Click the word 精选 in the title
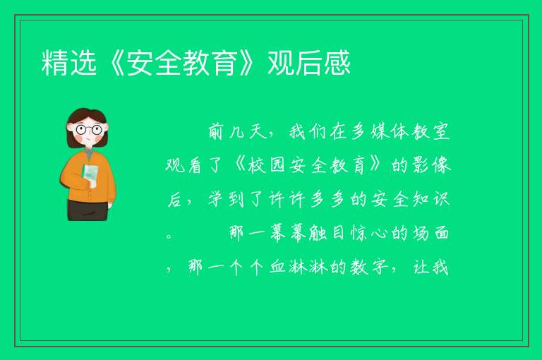68,63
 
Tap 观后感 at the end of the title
309,63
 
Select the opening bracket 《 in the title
112,63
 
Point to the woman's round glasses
89,130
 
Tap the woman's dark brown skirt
88,210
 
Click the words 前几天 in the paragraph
238,131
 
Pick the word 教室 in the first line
431,131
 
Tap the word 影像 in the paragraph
431,165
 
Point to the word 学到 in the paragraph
227,199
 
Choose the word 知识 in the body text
431,199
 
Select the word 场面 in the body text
431,233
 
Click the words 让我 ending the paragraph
431,267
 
